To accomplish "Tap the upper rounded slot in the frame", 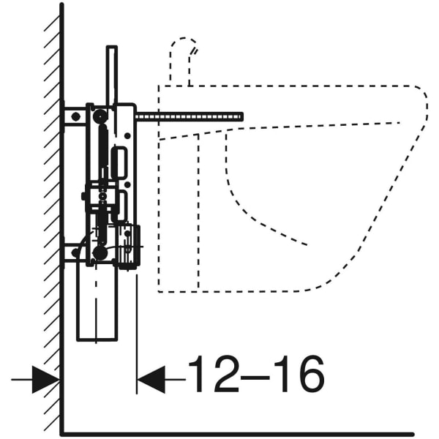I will tap(119, 161).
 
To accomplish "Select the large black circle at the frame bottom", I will tap(100, 253).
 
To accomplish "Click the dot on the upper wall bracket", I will tap(73, 117).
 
